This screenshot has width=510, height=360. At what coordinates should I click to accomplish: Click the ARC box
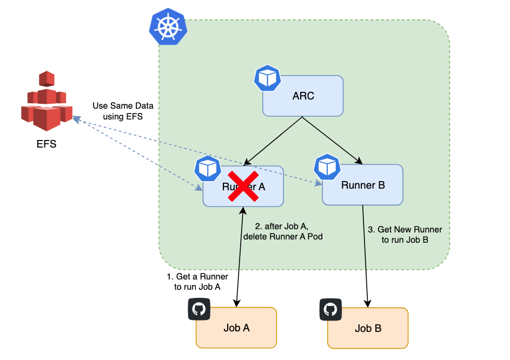point(303,96)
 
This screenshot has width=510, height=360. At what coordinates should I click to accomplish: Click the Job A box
point(236,328)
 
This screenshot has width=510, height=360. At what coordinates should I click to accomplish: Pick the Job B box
point(368,328)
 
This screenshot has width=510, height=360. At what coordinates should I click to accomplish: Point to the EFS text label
point(46,144)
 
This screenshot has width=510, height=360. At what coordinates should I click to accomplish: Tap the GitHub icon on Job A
point(199,309)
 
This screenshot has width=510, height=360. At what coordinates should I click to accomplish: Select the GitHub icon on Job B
point(330,309)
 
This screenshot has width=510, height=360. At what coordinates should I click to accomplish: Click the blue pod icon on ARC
point(267,79)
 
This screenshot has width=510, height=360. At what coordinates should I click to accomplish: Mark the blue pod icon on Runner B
point(327,167)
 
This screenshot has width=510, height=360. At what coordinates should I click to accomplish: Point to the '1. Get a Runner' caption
point(197,282)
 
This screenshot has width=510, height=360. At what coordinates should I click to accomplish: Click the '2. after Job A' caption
point(283,231)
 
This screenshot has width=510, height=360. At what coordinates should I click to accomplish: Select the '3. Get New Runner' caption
point(405,235)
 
